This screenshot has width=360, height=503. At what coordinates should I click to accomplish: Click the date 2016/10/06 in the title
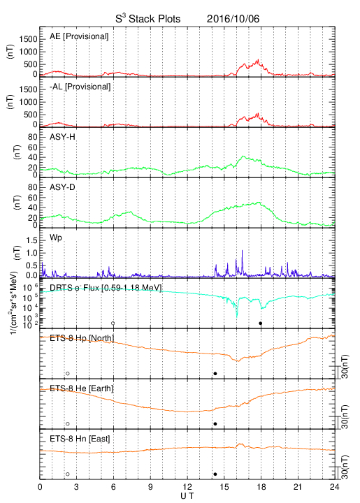233,19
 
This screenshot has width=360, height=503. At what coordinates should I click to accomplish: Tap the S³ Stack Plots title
148,19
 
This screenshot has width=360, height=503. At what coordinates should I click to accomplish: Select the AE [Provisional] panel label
79,36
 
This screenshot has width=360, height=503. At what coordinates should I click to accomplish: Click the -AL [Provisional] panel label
80,87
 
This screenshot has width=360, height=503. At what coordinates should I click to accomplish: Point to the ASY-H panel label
62,137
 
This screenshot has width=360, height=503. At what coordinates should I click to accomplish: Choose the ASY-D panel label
62,187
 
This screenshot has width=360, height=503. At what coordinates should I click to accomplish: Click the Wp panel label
56,238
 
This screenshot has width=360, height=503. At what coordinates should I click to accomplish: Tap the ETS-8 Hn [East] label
80,439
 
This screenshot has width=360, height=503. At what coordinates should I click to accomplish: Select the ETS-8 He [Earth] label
82,388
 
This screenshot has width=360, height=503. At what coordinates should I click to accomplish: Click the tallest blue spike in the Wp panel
243,251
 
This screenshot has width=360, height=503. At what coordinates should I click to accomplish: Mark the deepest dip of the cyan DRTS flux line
237,317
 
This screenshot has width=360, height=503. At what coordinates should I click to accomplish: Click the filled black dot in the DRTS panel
261,323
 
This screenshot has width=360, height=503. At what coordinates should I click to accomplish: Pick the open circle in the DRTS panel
113,323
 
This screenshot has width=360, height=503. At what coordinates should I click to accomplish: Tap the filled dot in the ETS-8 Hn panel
215,474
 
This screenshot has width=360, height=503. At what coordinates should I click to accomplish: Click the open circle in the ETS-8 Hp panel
67,373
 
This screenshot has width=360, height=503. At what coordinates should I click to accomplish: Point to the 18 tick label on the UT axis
261,487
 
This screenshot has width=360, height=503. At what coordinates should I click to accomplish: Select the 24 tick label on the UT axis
334,487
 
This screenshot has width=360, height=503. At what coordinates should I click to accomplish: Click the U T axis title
187,496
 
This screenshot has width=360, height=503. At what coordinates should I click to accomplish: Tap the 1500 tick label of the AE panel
28,39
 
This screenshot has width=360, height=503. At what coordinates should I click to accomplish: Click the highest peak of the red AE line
258,59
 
